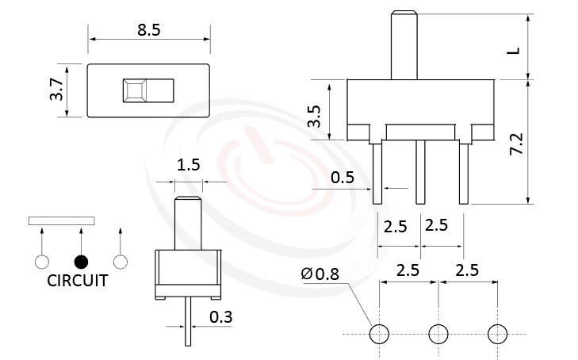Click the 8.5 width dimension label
coord(148,31)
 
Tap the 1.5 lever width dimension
coord(188,165)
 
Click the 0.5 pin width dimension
coord(343,177)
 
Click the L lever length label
coord(514,49)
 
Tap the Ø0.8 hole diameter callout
coord(320,275)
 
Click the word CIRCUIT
coord(78,281)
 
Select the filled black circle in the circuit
coord(81,262)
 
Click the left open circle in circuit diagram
coord(41,262)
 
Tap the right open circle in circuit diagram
coord(121,262)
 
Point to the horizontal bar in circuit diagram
coord(61,220)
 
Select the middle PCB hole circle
coord(438,334)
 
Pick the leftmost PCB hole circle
coord(380,334)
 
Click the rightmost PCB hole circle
coord(497,334)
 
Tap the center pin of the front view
coord(421,170)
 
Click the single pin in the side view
coord(188,321)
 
